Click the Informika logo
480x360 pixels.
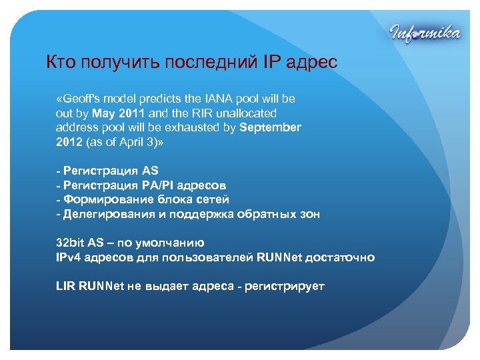(424, 31)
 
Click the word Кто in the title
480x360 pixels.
(61, 63)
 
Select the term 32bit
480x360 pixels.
(69, 243)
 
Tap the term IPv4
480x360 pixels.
(68, 257)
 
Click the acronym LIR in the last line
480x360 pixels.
(65, 286)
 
